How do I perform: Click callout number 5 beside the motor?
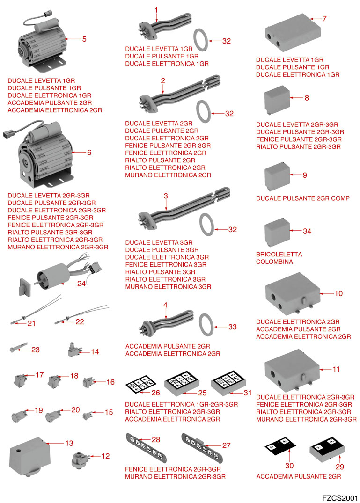click(84, 39)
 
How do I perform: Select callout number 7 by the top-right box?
click(324, 19)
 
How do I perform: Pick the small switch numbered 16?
click(89, 383)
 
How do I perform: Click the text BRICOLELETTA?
click(279, 255)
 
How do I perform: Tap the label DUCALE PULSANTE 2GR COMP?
click(302, 198)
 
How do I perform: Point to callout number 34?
click(307, 231)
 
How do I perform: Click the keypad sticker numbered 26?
click(139, 385)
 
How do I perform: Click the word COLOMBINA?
click(274, 262)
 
